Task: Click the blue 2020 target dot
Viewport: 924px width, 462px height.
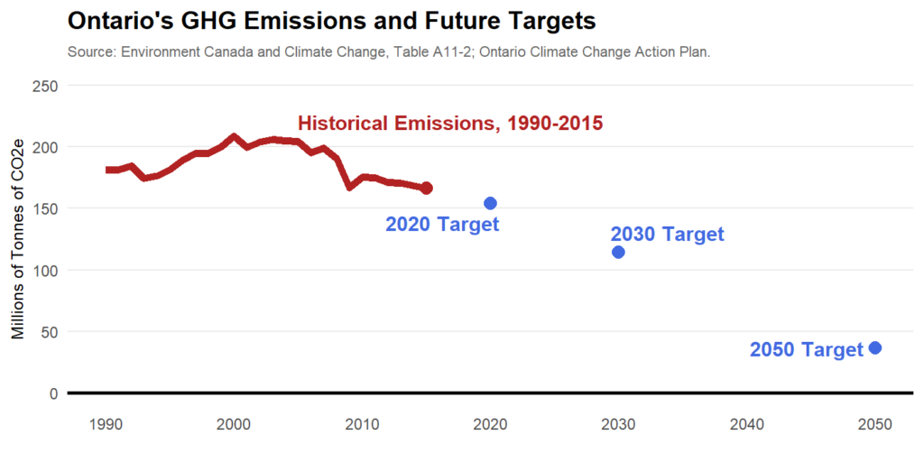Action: [x=491, y=203]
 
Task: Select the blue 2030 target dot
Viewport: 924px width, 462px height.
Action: [x=618, y=252]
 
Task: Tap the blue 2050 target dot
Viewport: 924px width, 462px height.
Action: [x=874, y=348]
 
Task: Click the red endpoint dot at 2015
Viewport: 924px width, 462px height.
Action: [x=427, y=188]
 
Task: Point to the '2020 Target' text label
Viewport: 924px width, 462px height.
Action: [x=442, y=225]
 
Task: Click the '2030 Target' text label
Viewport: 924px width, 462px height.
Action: [x=667, y=235]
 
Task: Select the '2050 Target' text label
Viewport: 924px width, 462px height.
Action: [x=806, y=350]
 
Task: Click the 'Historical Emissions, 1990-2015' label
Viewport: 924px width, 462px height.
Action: [x=450, y=124]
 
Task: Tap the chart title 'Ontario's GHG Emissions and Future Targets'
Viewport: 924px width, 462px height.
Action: [x=331, y=21]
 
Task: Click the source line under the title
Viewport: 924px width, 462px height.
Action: [x=389, y=52]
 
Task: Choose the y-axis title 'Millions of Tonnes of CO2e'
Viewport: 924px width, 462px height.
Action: [x=18, y=239]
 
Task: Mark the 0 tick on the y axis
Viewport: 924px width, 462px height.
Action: [x=54, y=393]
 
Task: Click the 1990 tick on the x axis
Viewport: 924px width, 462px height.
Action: [x=106, y=424]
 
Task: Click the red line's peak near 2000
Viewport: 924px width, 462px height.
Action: [x=235, y=137]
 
